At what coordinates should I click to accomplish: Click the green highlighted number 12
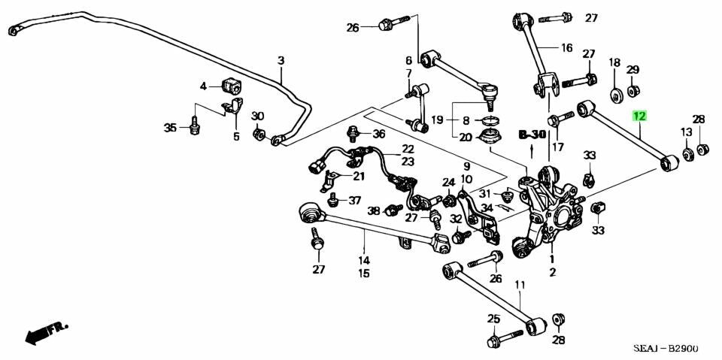[x=639, y=116]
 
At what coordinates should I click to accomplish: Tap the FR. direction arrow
[x=47, y=331]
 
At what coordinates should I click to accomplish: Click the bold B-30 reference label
[x=532, y=135]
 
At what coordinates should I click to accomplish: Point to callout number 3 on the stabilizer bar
[x=281, y=60]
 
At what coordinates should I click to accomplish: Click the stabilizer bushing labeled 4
[x=230, y=86]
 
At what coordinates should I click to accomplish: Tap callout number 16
[x=566, y=48]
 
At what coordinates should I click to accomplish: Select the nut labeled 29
[x=633, y=91]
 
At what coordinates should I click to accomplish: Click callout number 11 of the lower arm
[x=519, y=284]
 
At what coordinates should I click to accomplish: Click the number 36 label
[x=378, y=134]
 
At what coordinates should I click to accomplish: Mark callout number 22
[x=408, y=149]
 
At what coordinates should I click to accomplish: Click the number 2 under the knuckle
[x=552, y=272]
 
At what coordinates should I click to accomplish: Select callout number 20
[x=466, y=137]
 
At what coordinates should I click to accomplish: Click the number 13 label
[x=686, y=132]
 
